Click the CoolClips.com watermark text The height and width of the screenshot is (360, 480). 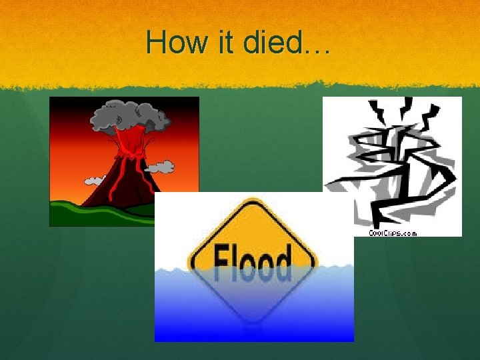[393, 233]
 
